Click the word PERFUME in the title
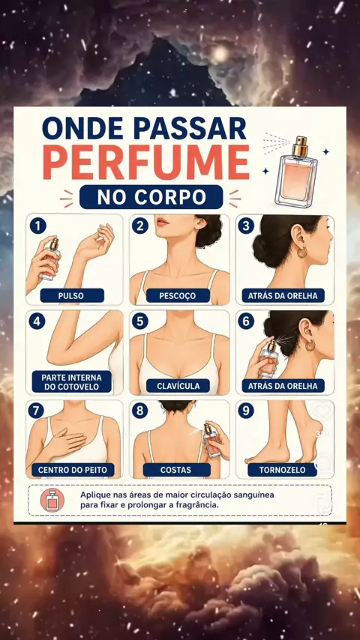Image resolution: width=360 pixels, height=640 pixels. (x=146, y=162)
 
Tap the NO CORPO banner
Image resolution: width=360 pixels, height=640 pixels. (x=151, y=197)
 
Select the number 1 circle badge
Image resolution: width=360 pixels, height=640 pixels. (x=37, y=226)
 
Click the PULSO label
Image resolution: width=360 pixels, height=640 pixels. (x=72, y=295)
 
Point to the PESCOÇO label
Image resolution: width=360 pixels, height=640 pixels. (x=178, y=295)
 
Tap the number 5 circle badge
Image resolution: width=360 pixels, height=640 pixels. (x=139, y=321)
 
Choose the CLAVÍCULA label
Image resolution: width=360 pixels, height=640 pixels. (x=178, y=386)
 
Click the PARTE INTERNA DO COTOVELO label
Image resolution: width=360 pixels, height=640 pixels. (x=71, y=381)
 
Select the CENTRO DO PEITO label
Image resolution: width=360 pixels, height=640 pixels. (x=73, y=470)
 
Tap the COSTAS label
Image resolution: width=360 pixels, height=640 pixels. (x=176, y=470)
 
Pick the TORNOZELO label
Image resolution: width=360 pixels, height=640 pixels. (x=282, y=470)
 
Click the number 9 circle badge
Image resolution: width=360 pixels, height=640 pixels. (x=246, y=411)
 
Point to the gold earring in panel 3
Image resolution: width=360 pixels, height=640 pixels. (x=302, y=253)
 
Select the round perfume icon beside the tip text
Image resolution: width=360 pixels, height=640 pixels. (x=52, y=500)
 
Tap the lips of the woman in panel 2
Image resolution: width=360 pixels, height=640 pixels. (x=163, y=222)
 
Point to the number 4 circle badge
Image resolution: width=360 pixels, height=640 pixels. (x=37, y=321)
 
